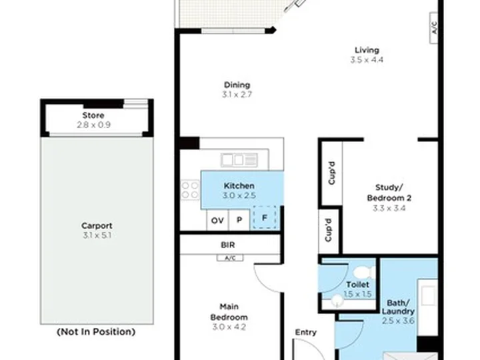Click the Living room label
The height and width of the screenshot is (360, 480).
tap(367, 50)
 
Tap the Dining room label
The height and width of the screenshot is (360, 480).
tap(237, 85)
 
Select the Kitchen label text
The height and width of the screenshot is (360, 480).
tap(239, 185)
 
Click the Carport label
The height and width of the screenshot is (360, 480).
tap(97, 225)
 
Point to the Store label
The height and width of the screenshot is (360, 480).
tap(93, 115)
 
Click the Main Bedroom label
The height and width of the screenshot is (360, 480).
tap(229, 313)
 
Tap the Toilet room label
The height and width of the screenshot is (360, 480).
tap(357, 285)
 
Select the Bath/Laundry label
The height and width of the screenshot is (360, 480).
tap(399, 307)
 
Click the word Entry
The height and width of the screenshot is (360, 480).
tap(305, 332)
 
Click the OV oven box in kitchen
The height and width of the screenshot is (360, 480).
tap(217, 220)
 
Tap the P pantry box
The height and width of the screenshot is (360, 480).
tap(239, 220)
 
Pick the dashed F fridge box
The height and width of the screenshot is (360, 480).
tap(265, 217)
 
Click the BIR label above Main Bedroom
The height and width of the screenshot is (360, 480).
tap(227, 245)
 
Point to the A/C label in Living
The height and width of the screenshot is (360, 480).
tap(433, 28)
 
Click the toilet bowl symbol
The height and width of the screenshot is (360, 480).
tap(363, 272)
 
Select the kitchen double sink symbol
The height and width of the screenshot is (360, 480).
tap(233, 159)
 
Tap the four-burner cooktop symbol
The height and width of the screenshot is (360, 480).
tap(190, 190)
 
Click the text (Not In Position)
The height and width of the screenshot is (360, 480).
tap(97, 331)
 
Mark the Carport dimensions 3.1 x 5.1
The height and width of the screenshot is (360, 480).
tap(97, 235)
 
